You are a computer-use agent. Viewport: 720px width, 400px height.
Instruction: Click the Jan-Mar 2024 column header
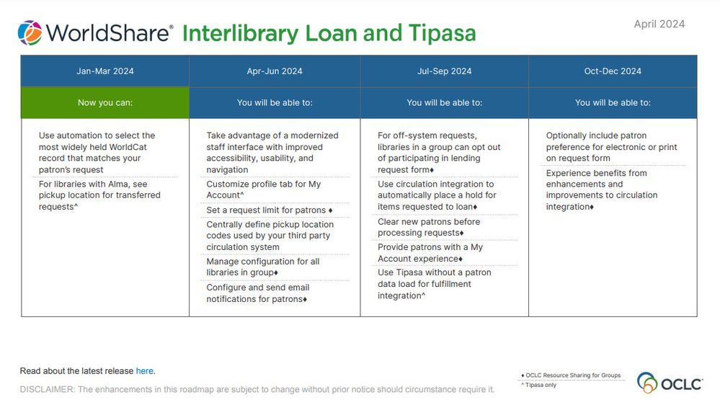105,71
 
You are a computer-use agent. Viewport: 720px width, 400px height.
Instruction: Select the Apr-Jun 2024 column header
275,71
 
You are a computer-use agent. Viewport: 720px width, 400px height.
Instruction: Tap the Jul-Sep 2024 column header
444,71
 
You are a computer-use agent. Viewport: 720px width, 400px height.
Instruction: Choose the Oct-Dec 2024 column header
613,71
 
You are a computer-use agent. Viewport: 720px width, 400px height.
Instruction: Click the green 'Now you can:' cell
105,102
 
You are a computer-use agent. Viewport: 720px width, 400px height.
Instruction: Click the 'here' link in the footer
144,371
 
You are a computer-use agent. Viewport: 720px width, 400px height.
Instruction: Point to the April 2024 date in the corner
659,24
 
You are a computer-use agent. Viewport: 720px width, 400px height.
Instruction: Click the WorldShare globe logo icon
30,33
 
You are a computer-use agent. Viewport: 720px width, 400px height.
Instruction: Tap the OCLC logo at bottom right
670,382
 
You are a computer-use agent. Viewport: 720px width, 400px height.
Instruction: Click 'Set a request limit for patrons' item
269,210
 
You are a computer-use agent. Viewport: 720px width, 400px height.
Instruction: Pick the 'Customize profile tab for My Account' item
264,190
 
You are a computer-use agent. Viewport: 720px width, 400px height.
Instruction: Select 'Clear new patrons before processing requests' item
429,227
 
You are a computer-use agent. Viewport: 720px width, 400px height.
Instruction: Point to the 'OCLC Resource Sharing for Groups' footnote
570,375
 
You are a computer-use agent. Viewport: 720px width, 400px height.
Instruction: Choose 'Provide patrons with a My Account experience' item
430,253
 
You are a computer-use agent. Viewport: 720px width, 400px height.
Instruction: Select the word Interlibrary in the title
239,33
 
